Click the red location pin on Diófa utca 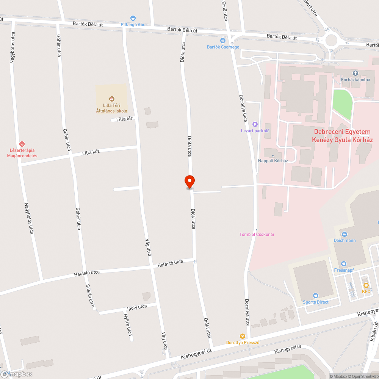[189, 182]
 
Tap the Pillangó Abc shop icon [133, 18]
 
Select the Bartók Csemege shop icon [223, 40]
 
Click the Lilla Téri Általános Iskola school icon [111, 99]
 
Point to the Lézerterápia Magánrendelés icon [22, 144]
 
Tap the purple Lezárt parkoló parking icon [255, 124]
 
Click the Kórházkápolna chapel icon [355, 73]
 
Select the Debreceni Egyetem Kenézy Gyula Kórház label [342, 136]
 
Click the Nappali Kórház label [273, 161]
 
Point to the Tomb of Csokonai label [257, 234]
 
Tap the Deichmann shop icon [344, 234]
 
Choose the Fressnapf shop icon [344, 264]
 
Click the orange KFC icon [366, 285]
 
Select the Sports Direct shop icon [315, 296]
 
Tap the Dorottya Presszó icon [243, 336]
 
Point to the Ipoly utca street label [137, 307]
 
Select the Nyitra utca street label [128, 324]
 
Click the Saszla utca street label [90, 296]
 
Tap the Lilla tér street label [124, 119]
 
